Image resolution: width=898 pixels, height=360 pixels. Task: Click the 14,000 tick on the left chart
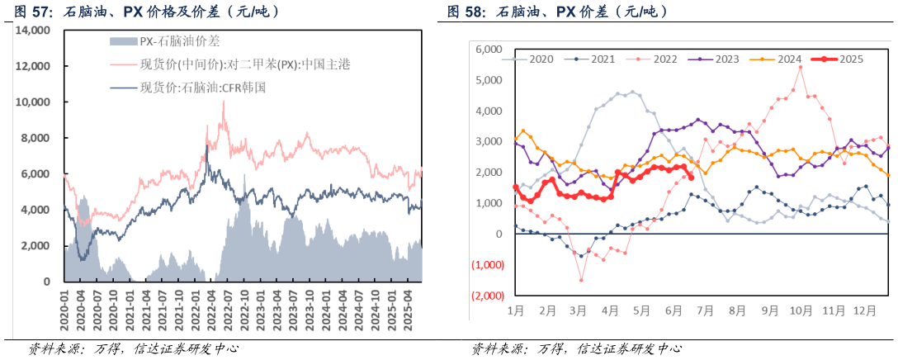(31, 30)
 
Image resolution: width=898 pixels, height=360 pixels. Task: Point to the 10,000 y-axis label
(31, 102)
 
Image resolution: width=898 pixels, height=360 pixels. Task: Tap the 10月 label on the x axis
(801, 311)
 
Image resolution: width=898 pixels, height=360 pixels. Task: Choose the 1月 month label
(516, 311)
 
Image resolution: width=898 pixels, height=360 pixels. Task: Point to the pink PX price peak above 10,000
(223, 102)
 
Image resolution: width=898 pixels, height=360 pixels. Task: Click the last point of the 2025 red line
(690, 175)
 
